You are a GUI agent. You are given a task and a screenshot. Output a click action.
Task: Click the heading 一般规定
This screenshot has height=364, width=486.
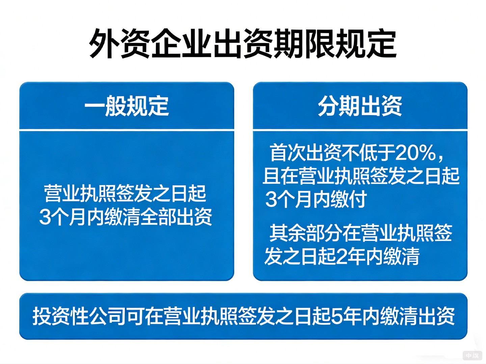pyautogui.click(x=127, y=106)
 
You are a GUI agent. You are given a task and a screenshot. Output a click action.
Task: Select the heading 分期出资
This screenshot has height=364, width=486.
pyautogui.click(x=360, y=106)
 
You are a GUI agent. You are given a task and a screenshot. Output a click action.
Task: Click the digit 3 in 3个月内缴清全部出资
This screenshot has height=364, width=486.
pyautogui.click(x=45, y=217)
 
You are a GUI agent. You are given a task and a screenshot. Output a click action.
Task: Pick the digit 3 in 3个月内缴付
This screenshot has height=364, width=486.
pyautogui.click(x=271, y=199)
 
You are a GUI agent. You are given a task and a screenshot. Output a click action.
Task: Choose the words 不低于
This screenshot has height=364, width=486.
pyautogui.click(x=368, y=153)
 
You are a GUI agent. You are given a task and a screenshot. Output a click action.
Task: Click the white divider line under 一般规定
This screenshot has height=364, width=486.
pyautogui.click(x=127, y=129)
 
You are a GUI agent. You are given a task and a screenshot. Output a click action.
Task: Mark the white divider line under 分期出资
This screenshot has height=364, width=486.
pyautogui.click(x=360, y=129)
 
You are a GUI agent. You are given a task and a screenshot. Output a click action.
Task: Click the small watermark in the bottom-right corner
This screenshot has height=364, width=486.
pyautogui.click(x=472, y=355)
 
